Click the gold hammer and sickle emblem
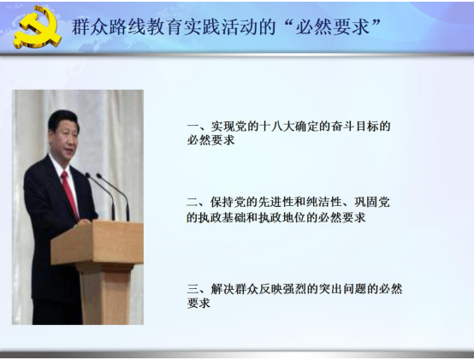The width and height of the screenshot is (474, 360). click(37, 27)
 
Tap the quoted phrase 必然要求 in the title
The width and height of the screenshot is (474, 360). click(332, 27)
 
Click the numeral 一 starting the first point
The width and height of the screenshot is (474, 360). click(193, 126)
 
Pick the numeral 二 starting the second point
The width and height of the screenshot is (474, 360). click(193, 202)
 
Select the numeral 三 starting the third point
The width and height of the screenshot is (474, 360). click(193, 289)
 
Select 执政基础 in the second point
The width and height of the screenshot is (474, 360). click(222, 217)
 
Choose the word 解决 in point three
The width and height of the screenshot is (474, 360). click(222, 289)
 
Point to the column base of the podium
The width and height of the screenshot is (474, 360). click(105, 294)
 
